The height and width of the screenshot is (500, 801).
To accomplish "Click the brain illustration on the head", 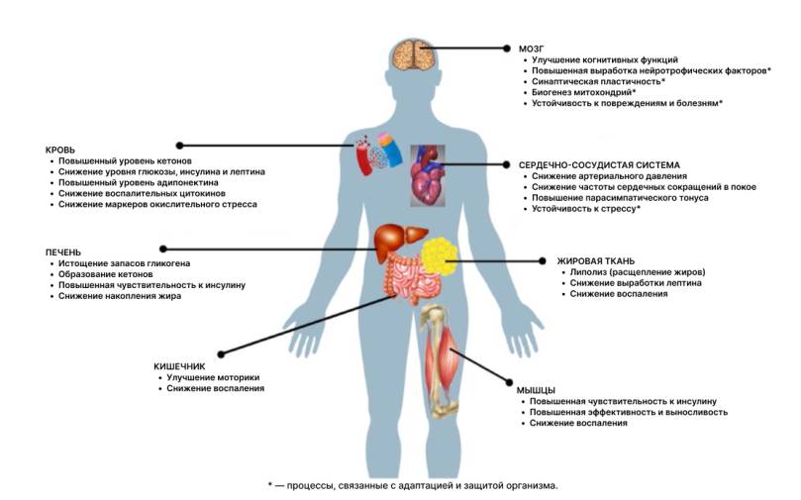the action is pyautogui.click(x=414, y=54).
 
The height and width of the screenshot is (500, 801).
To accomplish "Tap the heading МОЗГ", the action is pyautogui.click(x=532, y=50).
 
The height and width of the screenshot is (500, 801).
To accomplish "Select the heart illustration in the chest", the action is pyautogui.click(x=428, y=175).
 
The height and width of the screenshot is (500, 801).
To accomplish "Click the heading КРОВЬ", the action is pyautogui.click(x=60, y=150).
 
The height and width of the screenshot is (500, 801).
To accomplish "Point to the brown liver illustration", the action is pyautogui.click(x=399, y=243).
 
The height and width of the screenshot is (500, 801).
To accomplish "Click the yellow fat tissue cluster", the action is pyautogui.click(x=440, y=256).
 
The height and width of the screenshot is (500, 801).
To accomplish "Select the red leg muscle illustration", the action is pyautogui.click(x=441, y=364).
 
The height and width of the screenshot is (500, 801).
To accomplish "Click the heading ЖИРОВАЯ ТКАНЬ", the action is pyautogui.click(x=596, y=261).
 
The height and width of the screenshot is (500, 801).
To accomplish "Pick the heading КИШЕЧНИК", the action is pyautogui.click(x=179, y=366).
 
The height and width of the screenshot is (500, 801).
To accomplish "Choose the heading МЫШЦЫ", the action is pyautogui.click(x=536, y=391).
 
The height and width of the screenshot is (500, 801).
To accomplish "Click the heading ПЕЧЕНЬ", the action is pyautogui.click(x=63, y=252).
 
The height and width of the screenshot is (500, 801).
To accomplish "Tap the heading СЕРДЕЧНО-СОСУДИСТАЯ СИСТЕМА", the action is pyautogui.click(x=599, y=165).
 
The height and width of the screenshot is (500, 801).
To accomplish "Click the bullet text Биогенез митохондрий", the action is pyautogui.click(x=582, y=92).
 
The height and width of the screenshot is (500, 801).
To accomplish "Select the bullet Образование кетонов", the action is pyautogui.click(x=105, y=274).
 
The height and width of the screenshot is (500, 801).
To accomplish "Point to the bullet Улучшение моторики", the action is pyautogui.click(x=213, y=377).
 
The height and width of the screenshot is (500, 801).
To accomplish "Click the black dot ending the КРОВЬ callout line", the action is pyautogui.click(x=179, y=146).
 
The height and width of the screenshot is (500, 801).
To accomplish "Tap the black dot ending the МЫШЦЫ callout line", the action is pyautogui.click(x=509, y=382).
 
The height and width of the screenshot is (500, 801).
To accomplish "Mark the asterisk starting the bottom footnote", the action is pyautogui.click(x=270, y=484).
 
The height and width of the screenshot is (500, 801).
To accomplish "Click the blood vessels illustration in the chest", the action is pyautogui.click(x=379, y=153).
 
